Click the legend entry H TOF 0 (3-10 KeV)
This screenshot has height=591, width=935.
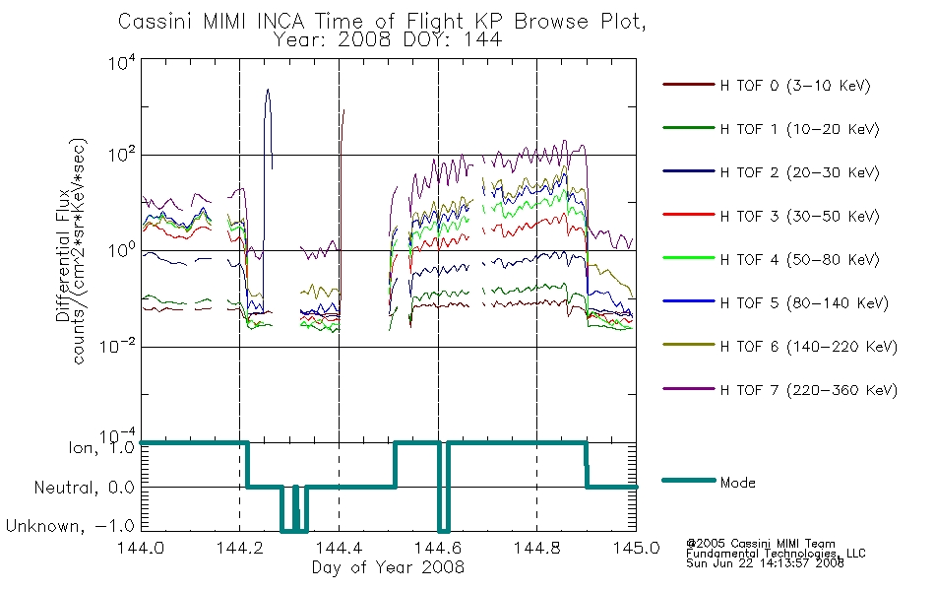(795, 86)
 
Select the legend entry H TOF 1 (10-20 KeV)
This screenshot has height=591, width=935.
(799, 129)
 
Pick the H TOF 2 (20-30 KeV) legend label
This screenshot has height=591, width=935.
(799, 172)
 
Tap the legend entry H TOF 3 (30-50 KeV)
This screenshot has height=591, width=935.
(799, 216)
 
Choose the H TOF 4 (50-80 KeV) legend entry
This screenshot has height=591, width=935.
(799, 260)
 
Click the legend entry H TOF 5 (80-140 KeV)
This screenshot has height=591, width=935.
(804, 303)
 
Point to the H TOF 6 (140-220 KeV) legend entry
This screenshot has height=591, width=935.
(809, 347)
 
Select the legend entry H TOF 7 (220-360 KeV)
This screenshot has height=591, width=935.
(809, 390)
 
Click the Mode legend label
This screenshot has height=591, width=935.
(737, 483)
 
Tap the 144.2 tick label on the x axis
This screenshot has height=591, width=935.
(240, 548)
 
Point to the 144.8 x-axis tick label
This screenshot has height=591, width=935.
(536, 548)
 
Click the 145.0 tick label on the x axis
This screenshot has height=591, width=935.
(636, 548)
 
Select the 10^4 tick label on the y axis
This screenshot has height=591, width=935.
(122, 62)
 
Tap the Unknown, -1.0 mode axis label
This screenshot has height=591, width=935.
(70, 526)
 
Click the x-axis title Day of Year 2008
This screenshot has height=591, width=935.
(388, 567)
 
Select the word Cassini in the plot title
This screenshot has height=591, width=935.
(156, 22)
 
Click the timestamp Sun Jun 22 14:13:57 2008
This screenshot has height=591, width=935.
(765, 563)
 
